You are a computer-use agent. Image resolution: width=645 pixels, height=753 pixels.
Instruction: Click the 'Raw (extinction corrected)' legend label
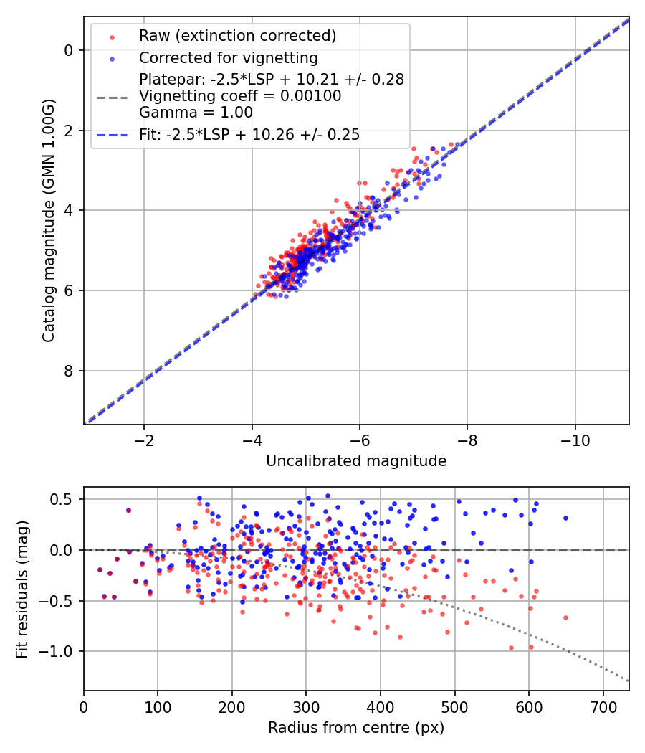tap(237, 36)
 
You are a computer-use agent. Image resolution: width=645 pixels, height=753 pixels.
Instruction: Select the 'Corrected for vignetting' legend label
tap(229, 58)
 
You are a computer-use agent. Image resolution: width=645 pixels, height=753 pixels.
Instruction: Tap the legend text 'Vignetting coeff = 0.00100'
tap(240, 96)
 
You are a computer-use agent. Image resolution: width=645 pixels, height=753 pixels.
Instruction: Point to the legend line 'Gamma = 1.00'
tap(196, 113)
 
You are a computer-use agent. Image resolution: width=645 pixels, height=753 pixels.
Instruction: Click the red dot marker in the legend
tap(113, 37)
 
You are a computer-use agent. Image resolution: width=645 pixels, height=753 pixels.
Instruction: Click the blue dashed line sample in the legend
tap(113, 136)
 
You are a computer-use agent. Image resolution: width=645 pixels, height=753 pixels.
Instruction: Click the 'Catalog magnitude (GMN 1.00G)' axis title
tap(49, 221)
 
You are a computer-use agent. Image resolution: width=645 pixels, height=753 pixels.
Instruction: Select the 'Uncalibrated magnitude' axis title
tap(356, 461)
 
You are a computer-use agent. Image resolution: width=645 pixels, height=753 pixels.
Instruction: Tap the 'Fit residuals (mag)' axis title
tap(22, 589)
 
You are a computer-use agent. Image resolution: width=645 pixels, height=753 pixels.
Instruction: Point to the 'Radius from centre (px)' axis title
tap(356, 728)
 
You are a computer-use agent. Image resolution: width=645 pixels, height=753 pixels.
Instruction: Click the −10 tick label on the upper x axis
tap(575, 440)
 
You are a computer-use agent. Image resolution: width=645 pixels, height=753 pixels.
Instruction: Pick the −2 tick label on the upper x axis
tap(143, 440)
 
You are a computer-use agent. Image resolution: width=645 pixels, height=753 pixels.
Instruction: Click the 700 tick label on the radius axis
tap(603, 707)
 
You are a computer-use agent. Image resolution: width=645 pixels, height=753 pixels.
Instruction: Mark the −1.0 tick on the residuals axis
tap(59, 652)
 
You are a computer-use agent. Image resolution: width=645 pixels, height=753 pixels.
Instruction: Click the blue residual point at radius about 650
tap(566, 518)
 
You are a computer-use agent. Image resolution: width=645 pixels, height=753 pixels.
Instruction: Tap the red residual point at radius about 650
tap(566, 618)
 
